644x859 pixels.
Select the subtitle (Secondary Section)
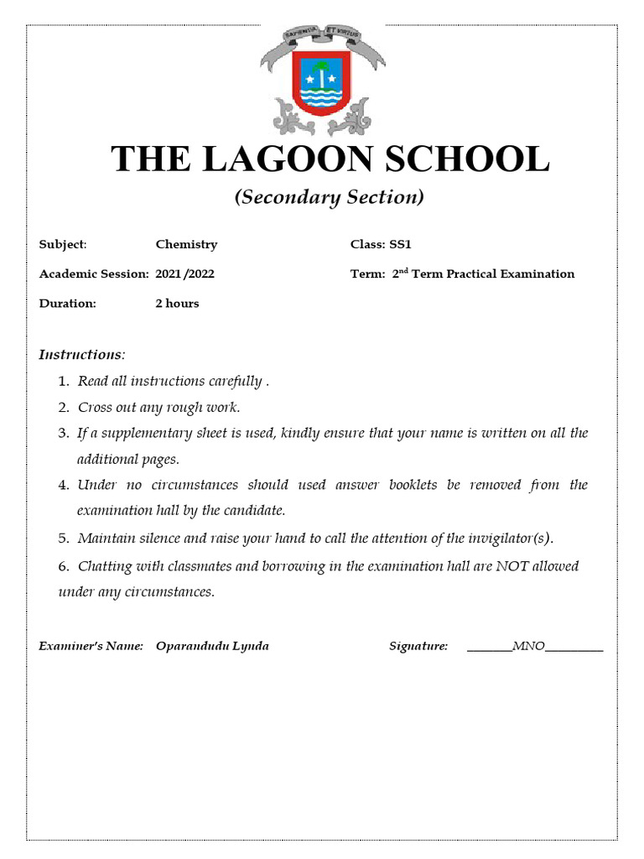pyautogui.click(x=329, y=197)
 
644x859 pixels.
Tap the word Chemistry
pyautogui.click(x=186, y=244)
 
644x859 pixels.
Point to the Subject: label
pyautogui.click(x=63, y=244)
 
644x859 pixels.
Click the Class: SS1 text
pyautogui.click(x=381, y=244)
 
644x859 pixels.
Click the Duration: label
pyautogui.click(x=68, y=303)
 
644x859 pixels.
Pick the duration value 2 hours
pyautogui.click(x=177, y=303)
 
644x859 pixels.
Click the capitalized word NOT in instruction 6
pyautogui.click(x=512, y=566)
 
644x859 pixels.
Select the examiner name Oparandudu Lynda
pyautogui.click(x=212, y=646)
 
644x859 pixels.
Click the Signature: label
pyautogui.click(x=418, y=646)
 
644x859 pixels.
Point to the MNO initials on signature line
pyautogui.click(x=528, y=646)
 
